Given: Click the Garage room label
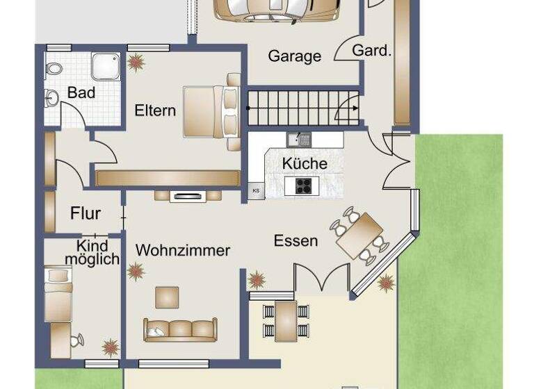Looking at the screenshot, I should click(294, 56).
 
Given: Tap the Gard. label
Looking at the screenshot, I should click(372, 51).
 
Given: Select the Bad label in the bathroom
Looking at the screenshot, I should click(81, 92).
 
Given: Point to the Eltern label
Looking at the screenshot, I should click(155, 110).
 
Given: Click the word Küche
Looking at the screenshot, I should click(304, 164).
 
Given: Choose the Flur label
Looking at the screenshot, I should click(86, 214).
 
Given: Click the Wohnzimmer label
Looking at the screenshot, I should click(183, 250).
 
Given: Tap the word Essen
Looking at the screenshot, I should click(296, 241).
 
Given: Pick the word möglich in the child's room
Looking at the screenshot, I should click(92, 259).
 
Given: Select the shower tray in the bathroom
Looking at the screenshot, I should click(106, 65).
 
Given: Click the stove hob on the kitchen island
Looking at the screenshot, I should click(304, 185).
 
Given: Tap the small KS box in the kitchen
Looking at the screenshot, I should click(256, 190).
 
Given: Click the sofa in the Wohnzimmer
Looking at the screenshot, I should click(179, 330).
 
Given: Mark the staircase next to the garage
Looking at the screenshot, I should click(303, 108).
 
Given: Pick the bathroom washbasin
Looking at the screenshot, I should click(51, 97).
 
